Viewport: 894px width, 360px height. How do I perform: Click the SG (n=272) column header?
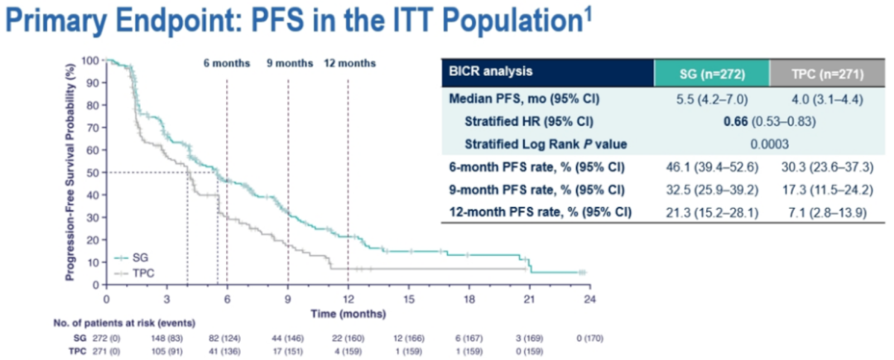(712, 73)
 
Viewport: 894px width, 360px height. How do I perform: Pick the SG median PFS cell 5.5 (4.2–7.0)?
(711, 100)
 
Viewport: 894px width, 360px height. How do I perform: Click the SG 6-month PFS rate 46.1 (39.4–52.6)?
(711, 167)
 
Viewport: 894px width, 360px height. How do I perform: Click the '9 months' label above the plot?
(288, 64)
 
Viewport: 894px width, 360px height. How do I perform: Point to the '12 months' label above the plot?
(348, 64)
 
